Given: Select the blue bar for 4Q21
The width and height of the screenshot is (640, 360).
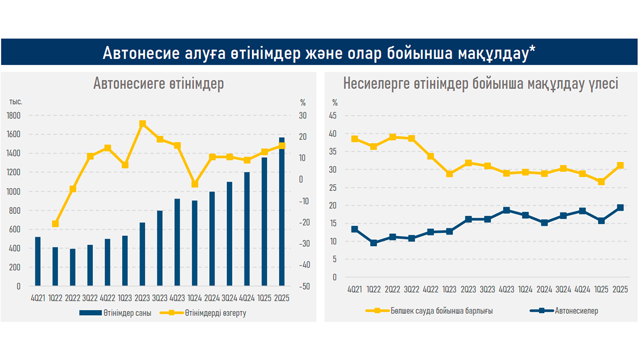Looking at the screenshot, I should click(x=38, y=261).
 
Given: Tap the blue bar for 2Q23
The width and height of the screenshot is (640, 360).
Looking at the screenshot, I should click(x=142, y=254).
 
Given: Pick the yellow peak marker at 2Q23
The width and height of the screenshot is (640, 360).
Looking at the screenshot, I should click(x=142, y=124).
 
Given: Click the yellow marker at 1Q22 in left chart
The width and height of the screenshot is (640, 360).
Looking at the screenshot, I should click(x=55, y=224).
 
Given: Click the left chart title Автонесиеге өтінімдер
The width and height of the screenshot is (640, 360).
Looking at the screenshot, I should click(x=158, y=84).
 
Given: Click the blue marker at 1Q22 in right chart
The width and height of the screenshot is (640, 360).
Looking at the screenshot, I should click(x=373, y=243).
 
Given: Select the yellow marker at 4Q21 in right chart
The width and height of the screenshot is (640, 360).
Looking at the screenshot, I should click(x=355, y=139).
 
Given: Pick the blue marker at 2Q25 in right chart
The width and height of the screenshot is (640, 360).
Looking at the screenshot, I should click(x=620, y=208).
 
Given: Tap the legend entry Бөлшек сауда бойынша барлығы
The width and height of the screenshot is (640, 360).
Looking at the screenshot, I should click(x=440, y=311).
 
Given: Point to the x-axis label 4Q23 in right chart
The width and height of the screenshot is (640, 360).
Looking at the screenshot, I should click(x=506, y=290).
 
